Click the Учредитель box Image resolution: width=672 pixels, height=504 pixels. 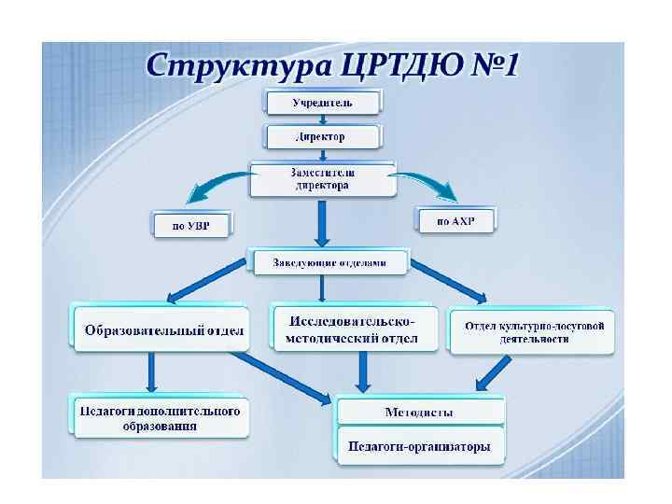pyautogui.click(x=323, y=101)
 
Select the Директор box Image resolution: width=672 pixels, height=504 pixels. pyautogui.click(x=323, y=136)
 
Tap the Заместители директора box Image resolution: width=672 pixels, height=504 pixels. pyautogui.click(x=322, y=179)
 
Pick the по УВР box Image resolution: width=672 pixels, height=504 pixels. pyautogui.click(x=190, y=225)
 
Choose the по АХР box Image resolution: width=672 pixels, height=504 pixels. pyautogui.click(x=455, y=220)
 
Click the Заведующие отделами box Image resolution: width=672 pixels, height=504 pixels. pyautogui.click(x=329, y=262)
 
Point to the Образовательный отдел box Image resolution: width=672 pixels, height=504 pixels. pyautogui.click(x=161, y=329)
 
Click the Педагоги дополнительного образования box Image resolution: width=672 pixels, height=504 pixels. pyautogui.click(x=160, y=418)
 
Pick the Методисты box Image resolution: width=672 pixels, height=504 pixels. pyautogui.click(x=420, y=412)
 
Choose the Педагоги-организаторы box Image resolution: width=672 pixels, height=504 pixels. pyautogui.click(x=419, y=446)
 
